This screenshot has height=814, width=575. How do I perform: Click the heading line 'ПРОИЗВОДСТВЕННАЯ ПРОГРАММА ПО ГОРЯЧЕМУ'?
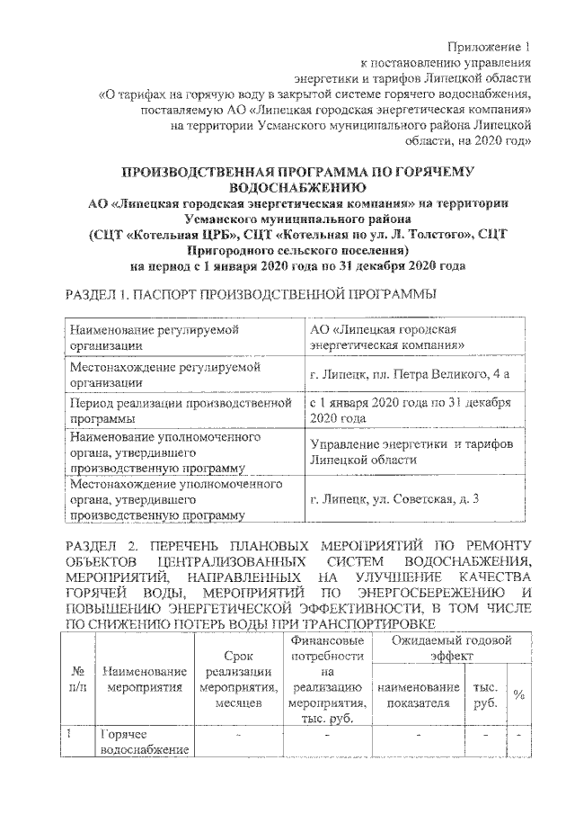coord(296,170)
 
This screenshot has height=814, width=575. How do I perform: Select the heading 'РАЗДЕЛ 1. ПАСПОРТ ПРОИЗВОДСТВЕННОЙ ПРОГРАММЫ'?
coord(252,294)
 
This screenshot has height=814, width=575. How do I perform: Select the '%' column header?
coord(519,695)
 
